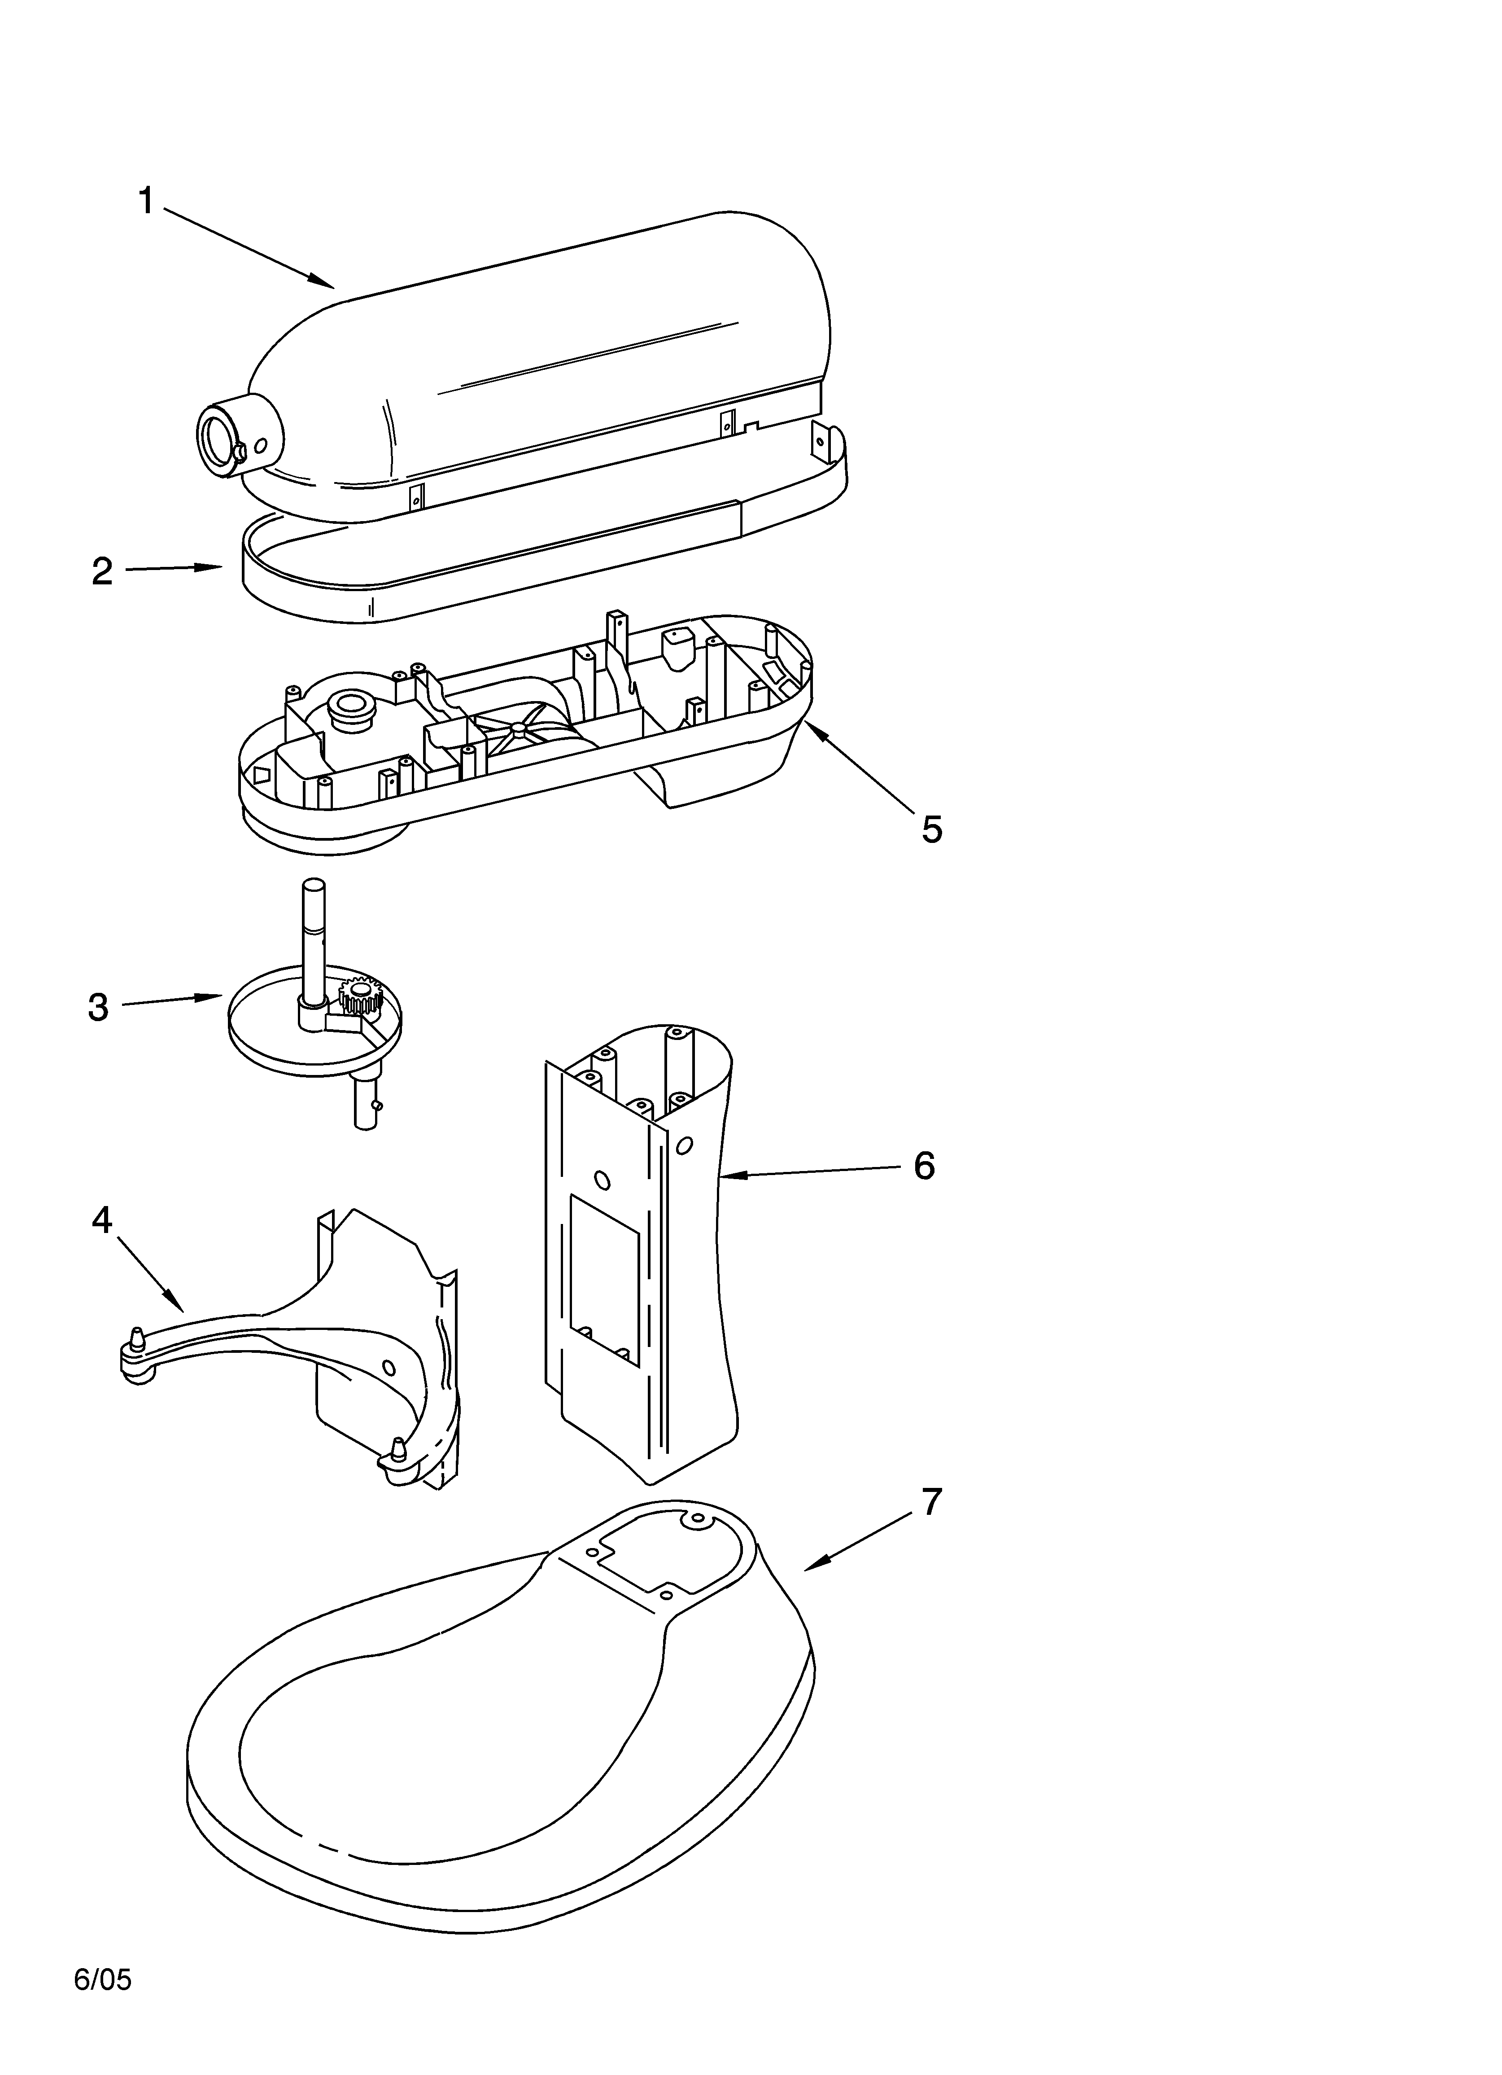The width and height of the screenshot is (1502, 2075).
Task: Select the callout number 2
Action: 102,572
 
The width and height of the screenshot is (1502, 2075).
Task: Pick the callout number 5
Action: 931,829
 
